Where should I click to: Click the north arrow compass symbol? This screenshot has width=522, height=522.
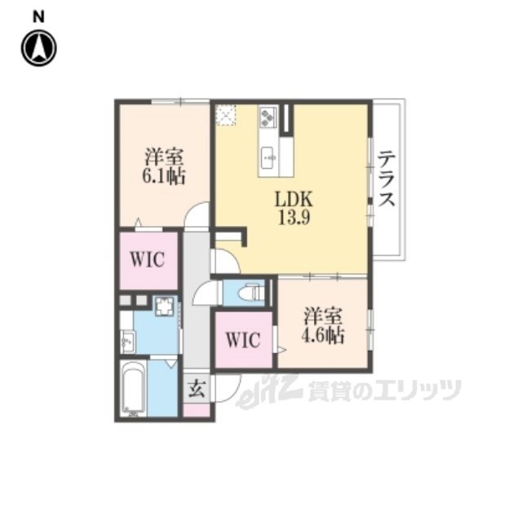(x=39, y=48)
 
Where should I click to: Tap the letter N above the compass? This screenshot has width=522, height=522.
(x=38, y=17)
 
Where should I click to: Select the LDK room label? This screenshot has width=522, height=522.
(x=294, y=199)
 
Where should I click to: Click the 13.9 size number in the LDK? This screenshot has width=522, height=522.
(x=294, y=218)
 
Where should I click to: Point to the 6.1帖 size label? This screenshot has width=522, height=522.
(x=164, y=176)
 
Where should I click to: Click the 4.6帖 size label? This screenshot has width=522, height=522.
(x=323, y=335)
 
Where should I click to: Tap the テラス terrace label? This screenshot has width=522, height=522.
(x=387, y=178)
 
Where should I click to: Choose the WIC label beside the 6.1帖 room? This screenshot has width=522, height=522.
(x=147, y=259)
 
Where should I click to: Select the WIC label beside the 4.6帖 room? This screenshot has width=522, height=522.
(x=243, y=340)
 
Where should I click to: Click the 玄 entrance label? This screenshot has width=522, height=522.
(x=197, y=388)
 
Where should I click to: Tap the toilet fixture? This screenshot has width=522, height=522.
(x=252, y=293)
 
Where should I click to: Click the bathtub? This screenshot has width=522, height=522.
(x=133, y=388)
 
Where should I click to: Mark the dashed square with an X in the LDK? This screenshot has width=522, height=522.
(x=226, y=115)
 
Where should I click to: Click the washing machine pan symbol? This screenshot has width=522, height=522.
(x=164, y=307)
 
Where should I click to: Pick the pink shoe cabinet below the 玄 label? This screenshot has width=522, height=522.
(x=197, y=410)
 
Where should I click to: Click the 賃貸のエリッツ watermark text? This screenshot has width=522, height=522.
(x=385, y=391)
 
